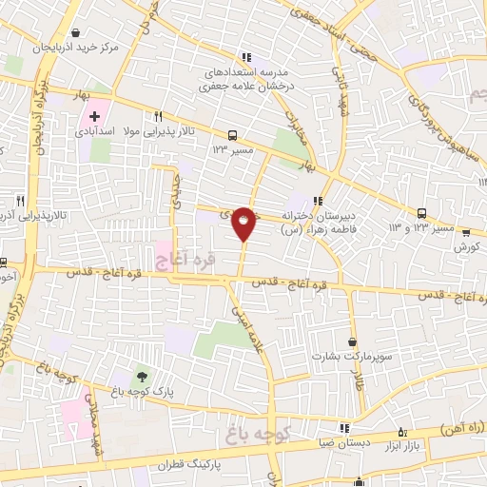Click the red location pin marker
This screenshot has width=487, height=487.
tap(244, 223)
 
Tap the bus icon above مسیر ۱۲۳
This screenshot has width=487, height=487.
tap(233, 135)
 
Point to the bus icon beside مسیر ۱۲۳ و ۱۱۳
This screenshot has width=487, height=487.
tap(421, 214)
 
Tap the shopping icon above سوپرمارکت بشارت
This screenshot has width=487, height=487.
tap(354, 341)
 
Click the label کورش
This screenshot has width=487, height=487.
tap(464, 246)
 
